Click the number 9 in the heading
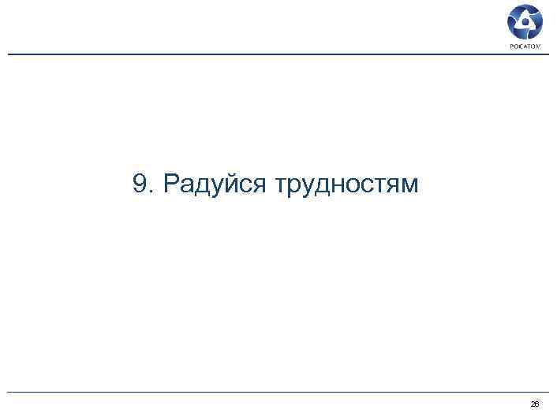point(140,184)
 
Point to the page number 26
point(534,404)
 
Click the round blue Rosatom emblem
point(525,23)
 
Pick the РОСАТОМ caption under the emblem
point(525,47)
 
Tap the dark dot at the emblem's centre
point(525,24)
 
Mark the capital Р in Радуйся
point(171,184)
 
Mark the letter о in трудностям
point(345,187)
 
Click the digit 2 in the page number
point(532,404)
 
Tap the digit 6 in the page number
point(536,404)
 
